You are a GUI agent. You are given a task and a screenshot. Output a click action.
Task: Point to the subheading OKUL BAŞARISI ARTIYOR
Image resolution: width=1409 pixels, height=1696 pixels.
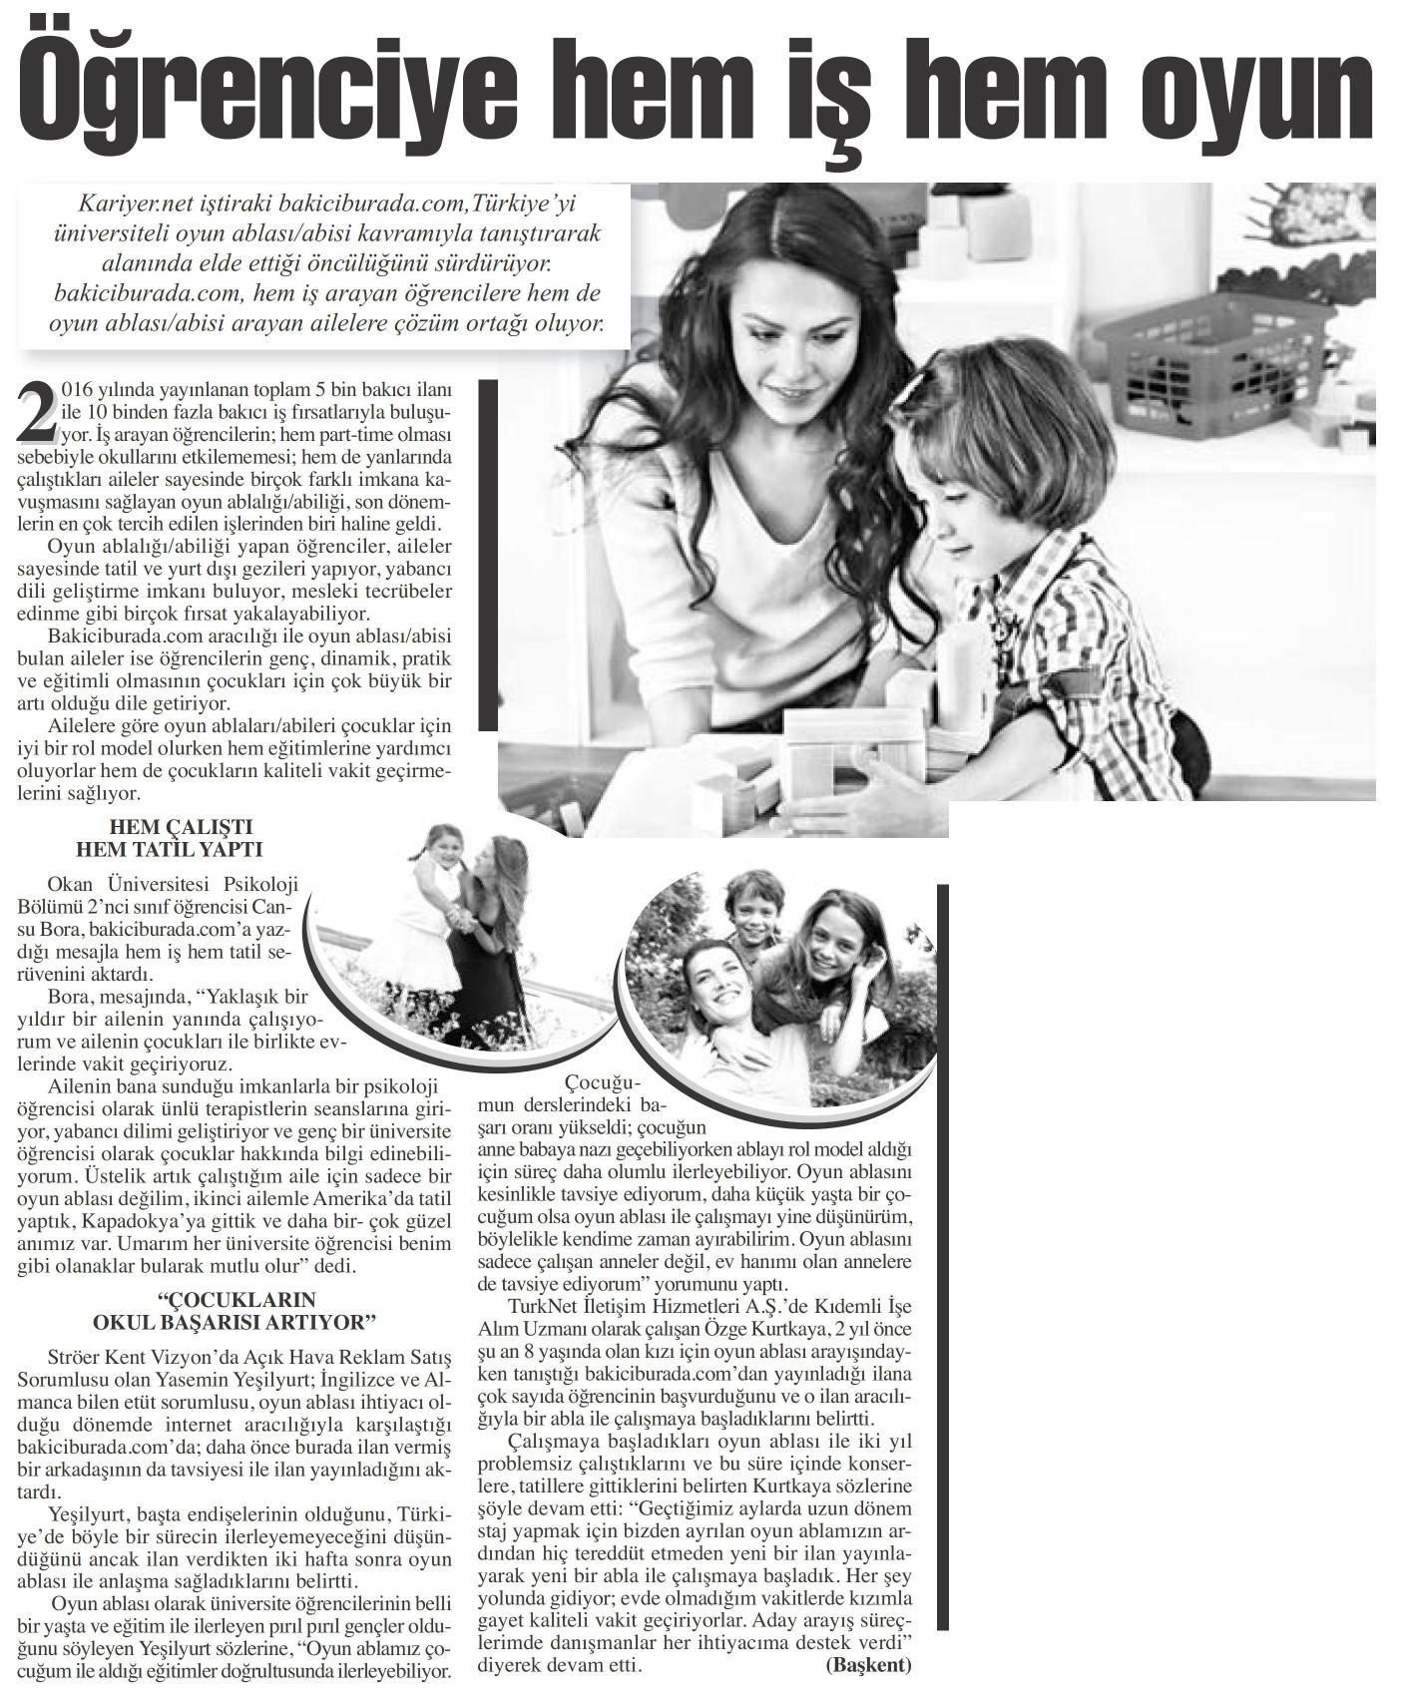(234, 1324)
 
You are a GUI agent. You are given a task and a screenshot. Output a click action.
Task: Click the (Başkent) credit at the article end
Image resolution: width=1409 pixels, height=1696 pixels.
(868, 1665)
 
